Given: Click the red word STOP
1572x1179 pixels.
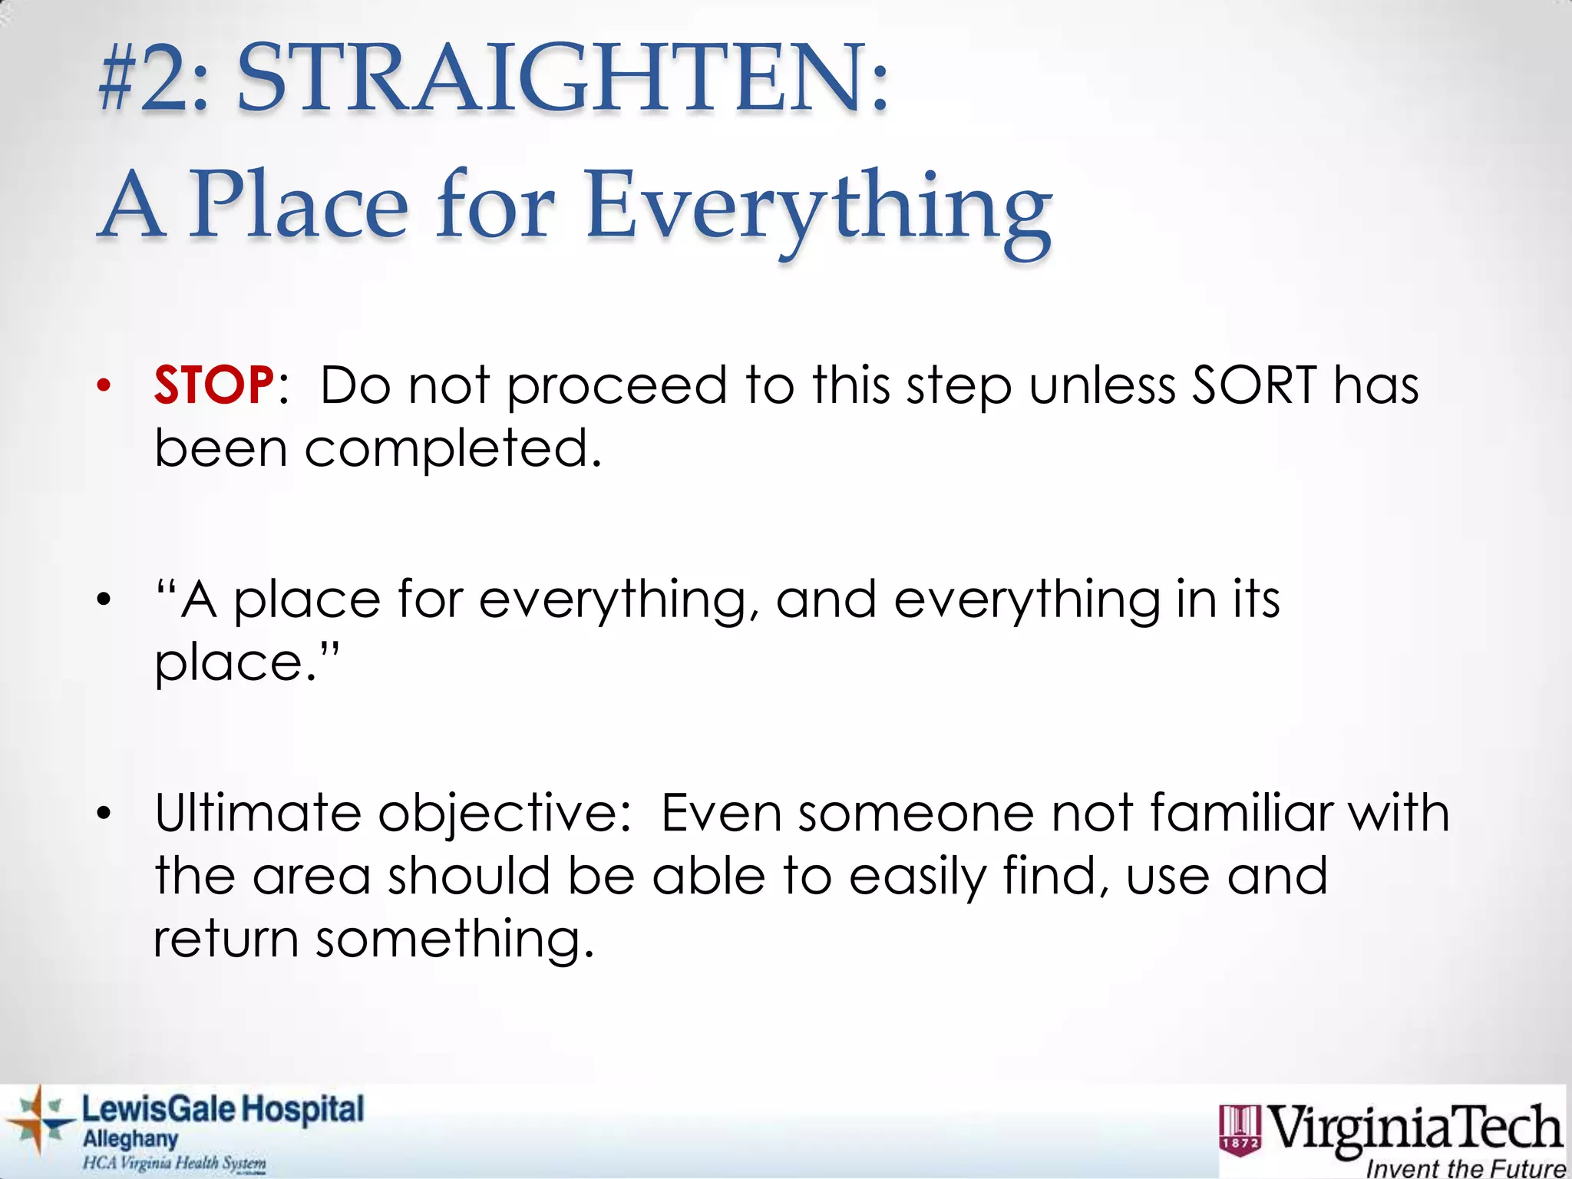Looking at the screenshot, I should [x=213, y=385].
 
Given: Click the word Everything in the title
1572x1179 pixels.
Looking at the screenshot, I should [x=818, y=209].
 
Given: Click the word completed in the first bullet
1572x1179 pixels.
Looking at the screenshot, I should [x=453, y=448].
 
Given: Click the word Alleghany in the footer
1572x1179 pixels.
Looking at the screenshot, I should [x=130, y=1139].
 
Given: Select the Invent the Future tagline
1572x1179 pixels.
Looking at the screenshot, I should [x=1465, y=1168].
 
